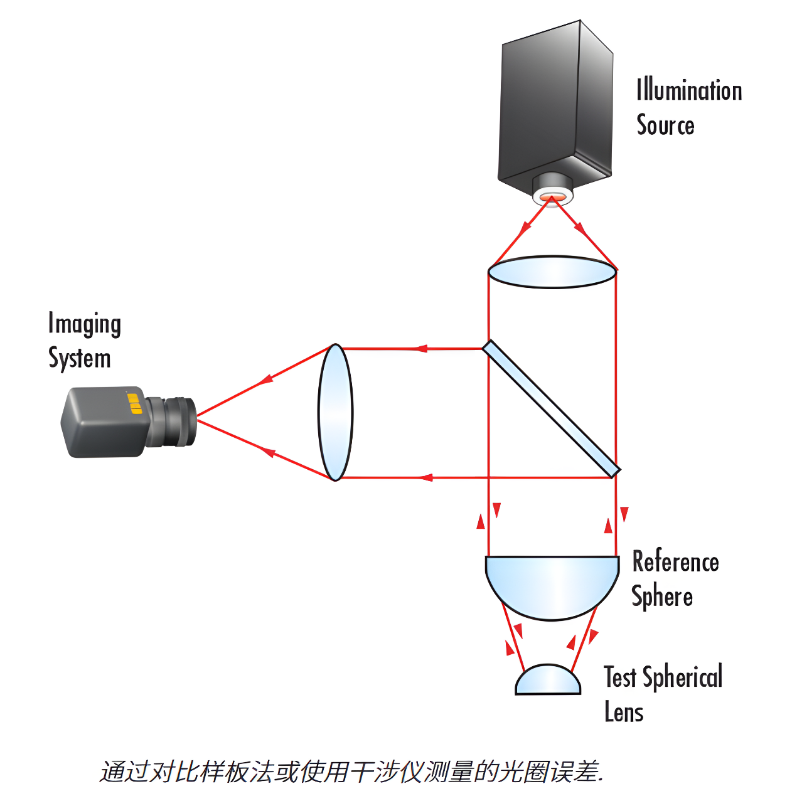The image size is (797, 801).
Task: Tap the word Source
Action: click(x=665, y=125)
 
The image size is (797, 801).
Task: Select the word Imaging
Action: click(x=84, y=324)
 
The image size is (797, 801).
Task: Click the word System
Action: click(x=80, y=359)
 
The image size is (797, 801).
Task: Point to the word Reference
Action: click(x=675, y=561)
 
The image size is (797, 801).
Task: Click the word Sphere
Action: click(x=662, y=597)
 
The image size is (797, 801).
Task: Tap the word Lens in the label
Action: click(x=624, y=713)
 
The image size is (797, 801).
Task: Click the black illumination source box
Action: click(x=555, y=107)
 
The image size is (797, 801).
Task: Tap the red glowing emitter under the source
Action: click(x=552, y=199)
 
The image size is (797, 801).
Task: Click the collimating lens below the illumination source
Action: click(x=552, y=272)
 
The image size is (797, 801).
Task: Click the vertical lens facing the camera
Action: click(x=336, y=412)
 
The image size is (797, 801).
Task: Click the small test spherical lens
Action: click(x=548, y=681)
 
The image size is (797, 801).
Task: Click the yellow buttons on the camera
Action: click(x=135, y=403)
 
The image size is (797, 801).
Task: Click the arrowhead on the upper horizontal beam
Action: click(x=421, y=349)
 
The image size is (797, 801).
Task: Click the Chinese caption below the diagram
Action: click(x=351, y=772)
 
